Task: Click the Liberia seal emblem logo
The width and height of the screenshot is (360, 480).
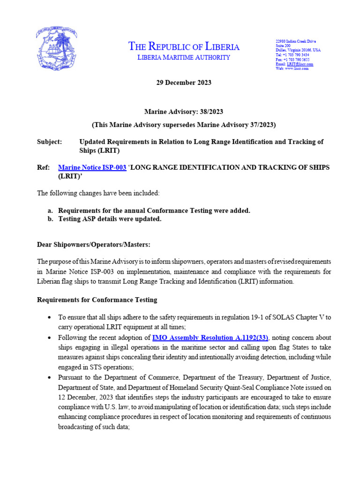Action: (57, 50)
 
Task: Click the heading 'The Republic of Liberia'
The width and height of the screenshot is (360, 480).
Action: (184, 46)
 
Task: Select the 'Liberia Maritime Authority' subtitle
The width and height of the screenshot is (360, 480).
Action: (183, 58)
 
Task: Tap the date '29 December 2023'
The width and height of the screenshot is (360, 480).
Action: (183, 82)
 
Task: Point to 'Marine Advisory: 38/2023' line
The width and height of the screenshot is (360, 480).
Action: (183, 112)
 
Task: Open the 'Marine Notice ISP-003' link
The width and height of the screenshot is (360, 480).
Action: (92, 167)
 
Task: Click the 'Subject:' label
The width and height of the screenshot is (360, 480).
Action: (49, 142)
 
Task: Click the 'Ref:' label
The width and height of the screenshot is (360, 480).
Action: (43, 167)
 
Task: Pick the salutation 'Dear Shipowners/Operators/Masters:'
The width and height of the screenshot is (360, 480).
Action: (94, 244)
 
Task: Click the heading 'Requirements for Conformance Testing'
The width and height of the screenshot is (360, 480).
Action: (97, 300)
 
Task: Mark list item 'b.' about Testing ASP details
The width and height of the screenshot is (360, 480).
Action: (110, 219)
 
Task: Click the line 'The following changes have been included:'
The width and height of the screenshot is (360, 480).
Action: (92, 193)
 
